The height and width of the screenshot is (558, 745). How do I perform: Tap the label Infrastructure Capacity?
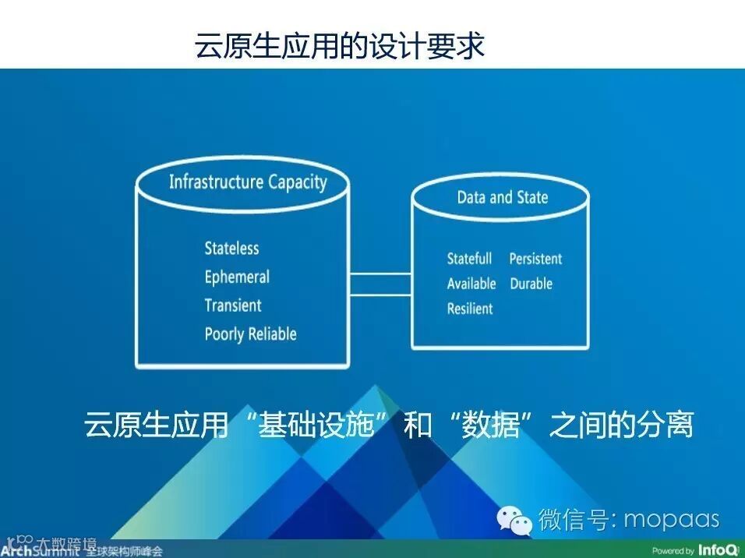coord(248,182)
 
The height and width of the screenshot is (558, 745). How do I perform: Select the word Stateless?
coord(231,249)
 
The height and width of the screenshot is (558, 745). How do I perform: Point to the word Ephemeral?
coord(237,277)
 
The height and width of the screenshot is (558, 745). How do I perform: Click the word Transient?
coord(233,305)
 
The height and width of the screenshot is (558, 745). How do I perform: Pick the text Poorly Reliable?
coord(250,334)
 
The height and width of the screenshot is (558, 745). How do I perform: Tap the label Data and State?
coord(502,197)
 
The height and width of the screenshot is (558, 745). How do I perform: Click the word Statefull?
coord(469,259)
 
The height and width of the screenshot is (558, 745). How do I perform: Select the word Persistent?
coord(535,259)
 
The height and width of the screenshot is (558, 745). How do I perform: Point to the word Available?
coord(471,284)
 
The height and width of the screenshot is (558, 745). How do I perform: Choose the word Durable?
coord(531,284)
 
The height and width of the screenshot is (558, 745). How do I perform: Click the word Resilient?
coord(470,309)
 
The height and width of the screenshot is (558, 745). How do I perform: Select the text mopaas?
coord(672,519)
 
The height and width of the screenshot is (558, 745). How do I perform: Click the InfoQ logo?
coord(717,550)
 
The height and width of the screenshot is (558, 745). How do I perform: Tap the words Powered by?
coord(673,551)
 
